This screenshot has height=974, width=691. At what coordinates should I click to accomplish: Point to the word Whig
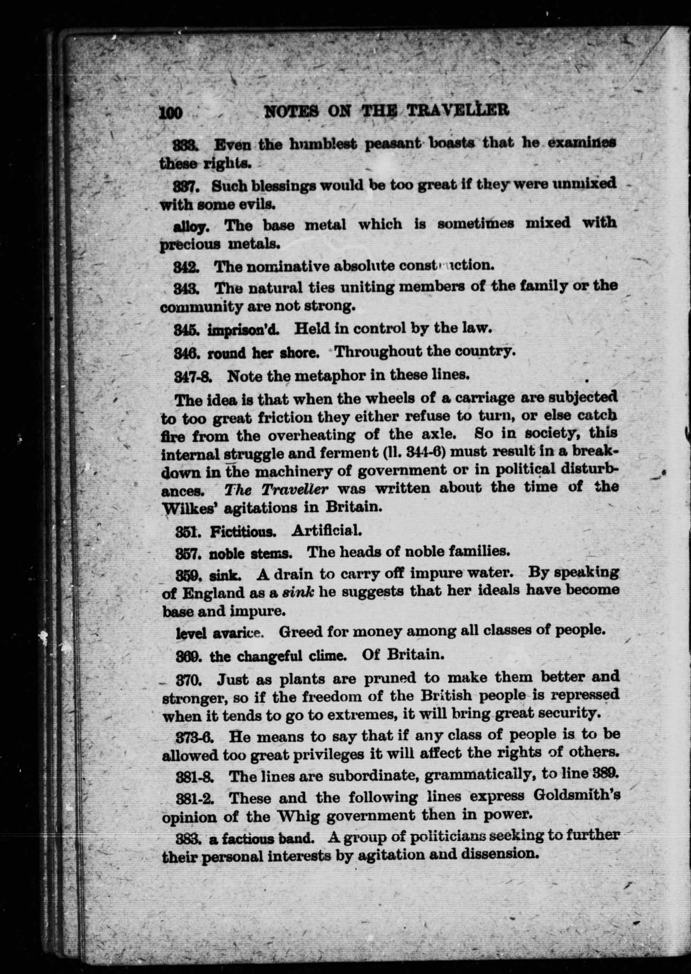[x=296, y=816]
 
